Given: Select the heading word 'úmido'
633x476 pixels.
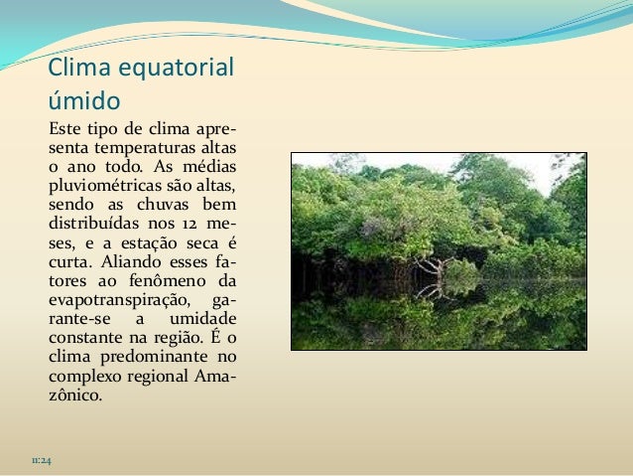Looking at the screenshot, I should [84, 101].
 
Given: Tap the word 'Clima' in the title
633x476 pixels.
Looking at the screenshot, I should [81, 71].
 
